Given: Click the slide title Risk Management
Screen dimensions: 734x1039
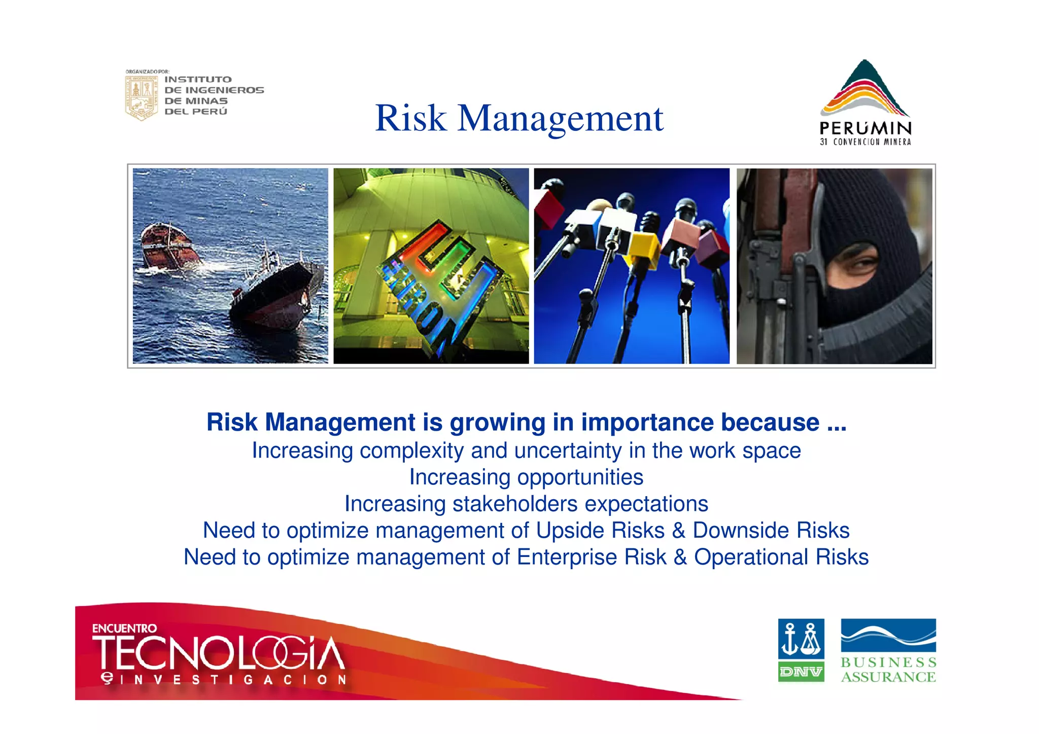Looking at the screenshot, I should pyautogui.click(x=518, y=118).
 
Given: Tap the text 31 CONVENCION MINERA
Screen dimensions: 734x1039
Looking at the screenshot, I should pyautogui.click(x=865, y=142).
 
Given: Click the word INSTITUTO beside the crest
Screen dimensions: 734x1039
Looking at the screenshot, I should pyautogui.click(x=198, y=80).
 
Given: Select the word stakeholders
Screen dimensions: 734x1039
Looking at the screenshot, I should pyautogui.click(x=514, y=504).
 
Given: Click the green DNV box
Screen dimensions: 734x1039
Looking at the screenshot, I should pyautogui.click(x=801, y=672).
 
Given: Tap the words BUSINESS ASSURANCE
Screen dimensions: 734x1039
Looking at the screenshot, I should pyautogui.click(x=888, y=670).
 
